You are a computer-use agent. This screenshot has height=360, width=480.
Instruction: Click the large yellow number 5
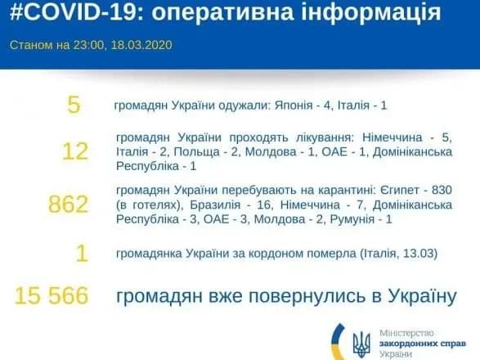click(x=74, y=106)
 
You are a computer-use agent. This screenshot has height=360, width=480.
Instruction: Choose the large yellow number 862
click(x=68, y=204)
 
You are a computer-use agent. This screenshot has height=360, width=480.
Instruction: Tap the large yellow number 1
click(x=80, y=254)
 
